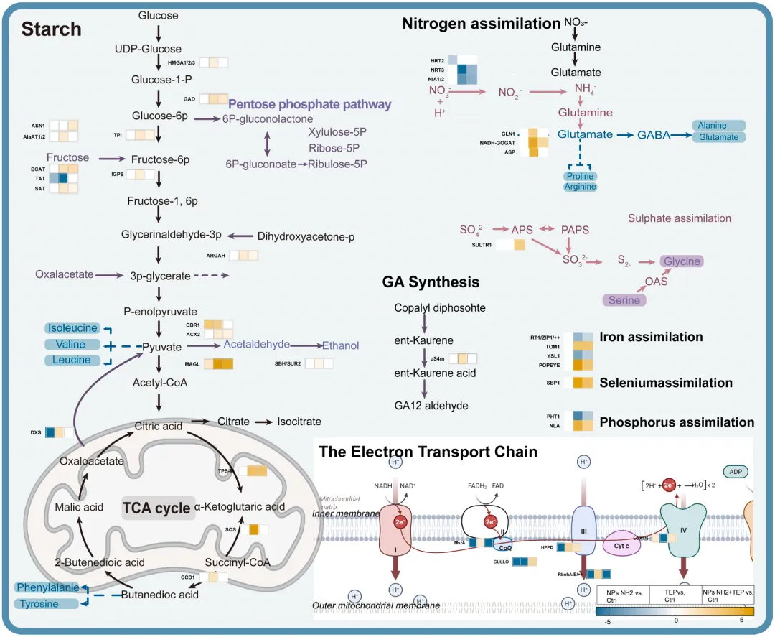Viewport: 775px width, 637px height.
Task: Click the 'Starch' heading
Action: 51,29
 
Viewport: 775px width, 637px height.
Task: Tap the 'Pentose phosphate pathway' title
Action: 310,104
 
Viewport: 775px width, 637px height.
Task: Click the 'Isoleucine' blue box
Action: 72,328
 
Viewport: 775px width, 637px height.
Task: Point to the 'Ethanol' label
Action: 340,345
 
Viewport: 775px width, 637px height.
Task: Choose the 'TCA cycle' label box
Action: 156,508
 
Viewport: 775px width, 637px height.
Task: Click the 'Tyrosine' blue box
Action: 39,604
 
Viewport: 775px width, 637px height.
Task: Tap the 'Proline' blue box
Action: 580,176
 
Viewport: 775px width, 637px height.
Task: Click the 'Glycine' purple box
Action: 681,261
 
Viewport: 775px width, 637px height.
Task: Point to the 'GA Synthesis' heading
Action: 431,282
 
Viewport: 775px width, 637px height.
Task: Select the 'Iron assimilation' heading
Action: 651,337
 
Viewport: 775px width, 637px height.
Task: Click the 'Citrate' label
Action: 233,422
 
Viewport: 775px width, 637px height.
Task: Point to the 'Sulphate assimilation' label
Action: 680,218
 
